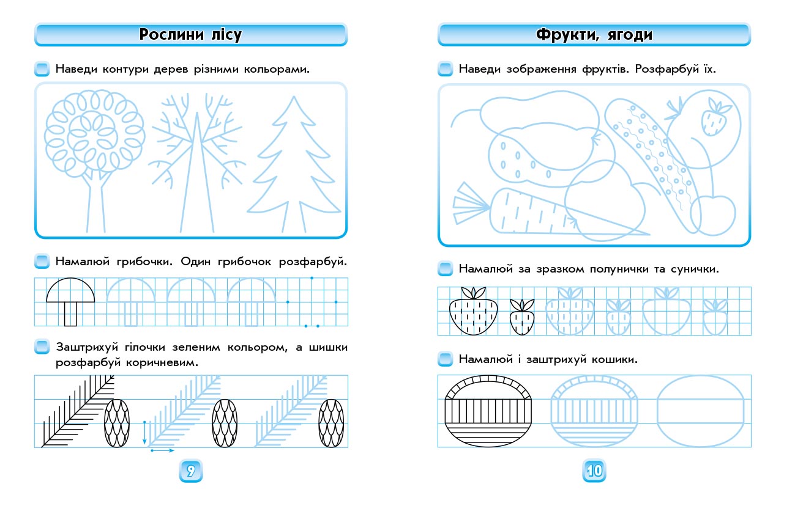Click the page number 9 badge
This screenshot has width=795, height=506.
click(x=190, y=471)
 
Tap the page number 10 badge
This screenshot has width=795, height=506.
click(x=594, y=471)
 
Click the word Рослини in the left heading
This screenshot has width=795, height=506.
click(x=171, y=34)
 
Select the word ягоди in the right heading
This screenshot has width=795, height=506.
click(x=630, y=35)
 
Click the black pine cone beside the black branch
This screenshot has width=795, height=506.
click(x=117, y=423)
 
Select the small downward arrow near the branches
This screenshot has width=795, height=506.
click(x=144, y=432)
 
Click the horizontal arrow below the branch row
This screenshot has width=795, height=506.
click(x=163, y=450)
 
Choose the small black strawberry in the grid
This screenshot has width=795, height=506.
click(x=521, y=317)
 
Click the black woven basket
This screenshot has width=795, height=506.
click(x=488, y=411)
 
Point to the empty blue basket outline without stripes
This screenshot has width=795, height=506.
click(x=700, y=411)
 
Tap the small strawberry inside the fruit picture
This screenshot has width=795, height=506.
click(x=714, y=118)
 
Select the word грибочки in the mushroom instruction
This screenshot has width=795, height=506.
click(x=144, y=262)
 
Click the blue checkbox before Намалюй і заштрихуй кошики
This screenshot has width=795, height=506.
click(x=445, y=359)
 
